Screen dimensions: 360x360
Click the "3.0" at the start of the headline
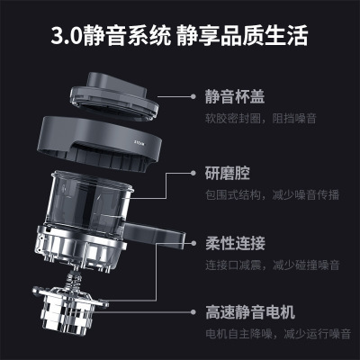67,36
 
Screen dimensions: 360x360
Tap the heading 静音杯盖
235,96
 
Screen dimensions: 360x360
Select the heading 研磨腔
228,173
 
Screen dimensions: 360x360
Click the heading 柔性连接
235,243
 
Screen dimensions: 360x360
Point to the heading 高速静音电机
250,312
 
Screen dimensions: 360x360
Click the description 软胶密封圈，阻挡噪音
261,119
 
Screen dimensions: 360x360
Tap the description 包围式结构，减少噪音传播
272,194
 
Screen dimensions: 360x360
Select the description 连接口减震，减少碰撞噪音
273,265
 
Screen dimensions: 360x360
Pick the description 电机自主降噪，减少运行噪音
278,334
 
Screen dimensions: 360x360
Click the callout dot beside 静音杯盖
193,96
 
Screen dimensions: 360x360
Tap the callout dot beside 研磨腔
193,173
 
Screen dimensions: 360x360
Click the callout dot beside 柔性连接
193,243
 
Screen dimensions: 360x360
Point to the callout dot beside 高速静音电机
193,312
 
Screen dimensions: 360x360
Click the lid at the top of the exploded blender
114,96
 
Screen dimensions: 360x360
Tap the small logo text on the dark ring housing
139,144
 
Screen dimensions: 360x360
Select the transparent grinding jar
89,200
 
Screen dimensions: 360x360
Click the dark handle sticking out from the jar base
155,236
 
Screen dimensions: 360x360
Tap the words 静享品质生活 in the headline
242,36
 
